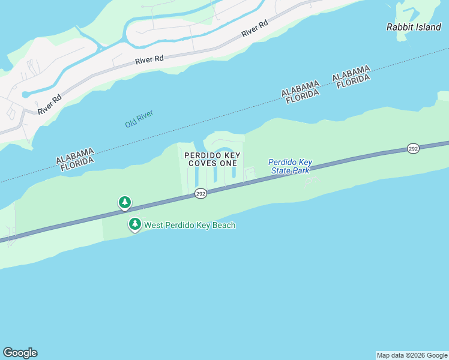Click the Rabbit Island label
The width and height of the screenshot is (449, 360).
[x=413, y=27]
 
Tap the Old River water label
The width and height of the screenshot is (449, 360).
[x=139, y=118]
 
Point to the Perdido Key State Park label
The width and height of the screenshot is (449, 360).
[x=290, y=166]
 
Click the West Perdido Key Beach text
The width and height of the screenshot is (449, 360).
[x=190, y=226]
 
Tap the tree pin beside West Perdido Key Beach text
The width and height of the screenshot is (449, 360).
[x=135, y=224]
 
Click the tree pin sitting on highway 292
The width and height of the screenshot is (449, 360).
[x=124, y=202]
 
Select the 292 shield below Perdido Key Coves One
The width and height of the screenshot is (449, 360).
[x=200, y=193]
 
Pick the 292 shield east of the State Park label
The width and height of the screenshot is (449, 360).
[x=413, y=148]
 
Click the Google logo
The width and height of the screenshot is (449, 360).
[x=20, y=353]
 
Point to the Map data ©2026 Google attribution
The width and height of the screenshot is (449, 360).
[x=412, y=355]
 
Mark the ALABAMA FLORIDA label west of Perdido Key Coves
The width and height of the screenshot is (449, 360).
[x=75, y=160]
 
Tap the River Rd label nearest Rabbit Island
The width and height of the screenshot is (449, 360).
[x=255, y=28]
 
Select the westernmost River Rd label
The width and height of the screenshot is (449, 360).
[x=49, y=104]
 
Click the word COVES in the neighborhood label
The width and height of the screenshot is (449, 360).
[x=201, y=163]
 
